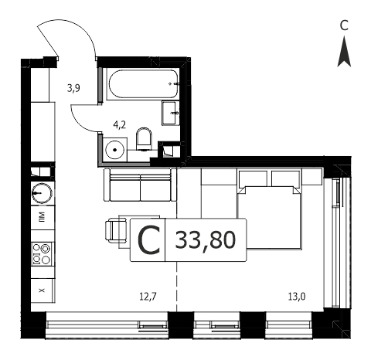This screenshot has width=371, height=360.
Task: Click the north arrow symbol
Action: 344,52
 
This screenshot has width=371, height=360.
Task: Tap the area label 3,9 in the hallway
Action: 73,89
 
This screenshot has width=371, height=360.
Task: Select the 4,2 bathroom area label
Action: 120,125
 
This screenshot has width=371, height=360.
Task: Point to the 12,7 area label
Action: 148,297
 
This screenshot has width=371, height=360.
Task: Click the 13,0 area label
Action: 297,297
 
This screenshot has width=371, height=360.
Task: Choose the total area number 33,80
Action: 206,239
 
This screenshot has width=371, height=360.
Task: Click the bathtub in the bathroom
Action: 144,84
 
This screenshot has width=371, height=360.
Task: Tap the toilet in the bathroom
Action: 144,139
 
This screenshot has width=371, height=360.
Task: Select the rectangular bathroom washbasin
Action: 171,113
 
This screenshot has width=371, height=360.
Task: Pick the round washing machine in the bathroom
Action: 115,150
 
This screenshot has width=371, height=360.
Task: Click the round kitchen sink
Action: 42,193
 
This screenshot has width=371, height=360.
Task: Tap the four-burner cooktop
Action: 42,254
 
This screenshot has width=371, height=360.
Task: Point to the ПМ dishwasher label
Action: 42,217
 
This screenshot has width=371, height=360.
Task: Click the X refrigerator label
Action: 42,290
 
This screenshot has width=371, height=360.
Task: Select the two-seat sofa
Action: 140,185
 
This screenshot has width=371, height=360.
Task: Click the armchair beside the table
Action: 116,230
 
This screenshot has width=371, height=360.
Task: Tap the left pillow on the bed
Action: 253,178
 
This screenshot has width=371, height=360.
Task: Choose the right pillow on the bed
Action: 286,178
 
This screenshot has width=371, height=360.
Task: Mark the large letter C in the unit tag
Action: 149,240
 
